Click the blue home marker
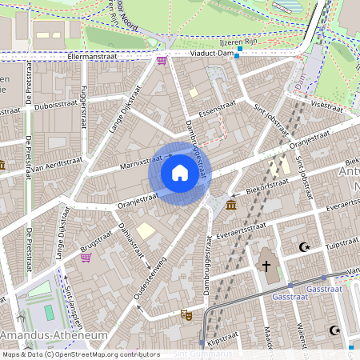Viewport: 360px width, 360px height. tap(179, 173)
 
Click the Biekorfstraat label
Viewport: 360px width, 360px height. tap(268, 183)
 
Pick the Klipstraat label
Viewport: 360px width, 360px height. tap(223, 340)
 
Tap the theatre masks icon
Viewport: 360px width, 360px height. tap(186, 315)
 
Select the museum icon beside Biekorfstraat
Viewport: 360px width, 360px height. tap(231, 206)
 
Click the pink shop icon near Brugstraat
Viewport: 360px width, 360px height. tap(86, 258)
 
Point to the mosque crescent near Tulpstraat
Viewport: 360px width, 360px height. tap(303, 247)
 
